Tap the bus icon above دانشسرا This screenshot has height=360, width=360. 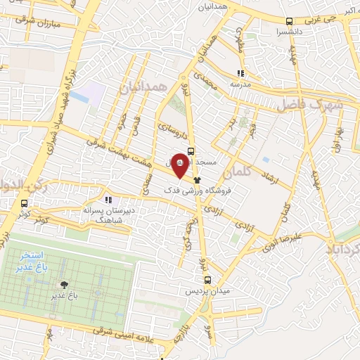click(x=290, y=20)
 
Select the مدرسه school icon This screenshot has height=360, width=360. click(x=240, y=72)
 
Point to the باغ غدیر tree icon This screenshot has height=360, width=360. click(x=65, y=285)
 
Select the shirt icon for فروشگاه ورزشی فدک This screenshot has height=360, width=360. click(x=187, y=181)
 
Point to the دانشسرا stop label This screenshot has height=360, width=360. click(x=290, y=32)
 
